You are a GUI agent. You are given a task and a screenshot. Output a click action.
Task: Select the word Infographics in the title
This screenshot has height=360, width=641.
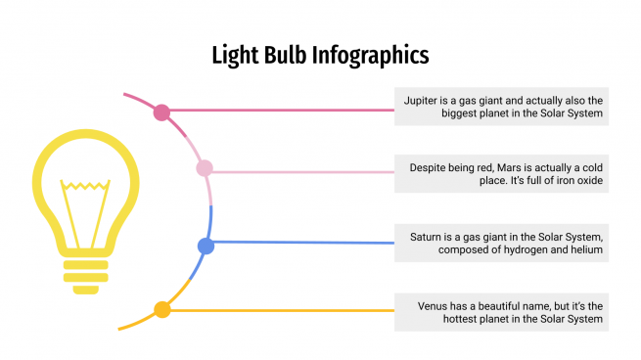(371, 56)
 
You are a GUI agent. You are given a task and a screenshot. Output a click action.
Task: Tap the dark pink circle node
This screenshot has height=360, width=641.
(162, 112)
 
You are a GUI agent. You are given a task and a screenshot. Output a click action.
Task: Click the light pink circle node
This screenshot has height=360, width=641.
(205, 169)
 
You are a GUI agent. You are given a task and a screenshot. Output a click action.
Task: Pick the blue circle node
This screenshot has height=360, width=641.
(206, 247)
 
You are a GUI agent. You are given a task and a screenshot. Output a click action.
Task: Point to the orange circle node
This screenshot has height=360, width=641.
(162, 310)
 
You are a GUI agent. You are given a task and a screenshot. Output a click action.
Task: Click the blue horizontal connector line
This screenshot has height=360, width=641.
(303, 243)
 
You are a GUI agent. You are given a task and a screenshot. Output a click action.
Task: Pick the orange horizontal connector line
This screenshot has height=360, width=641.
(284, 310)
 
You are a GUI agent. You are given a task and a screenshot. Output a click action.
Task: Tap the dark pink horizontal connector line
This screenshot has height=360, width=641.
(284, 111)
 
